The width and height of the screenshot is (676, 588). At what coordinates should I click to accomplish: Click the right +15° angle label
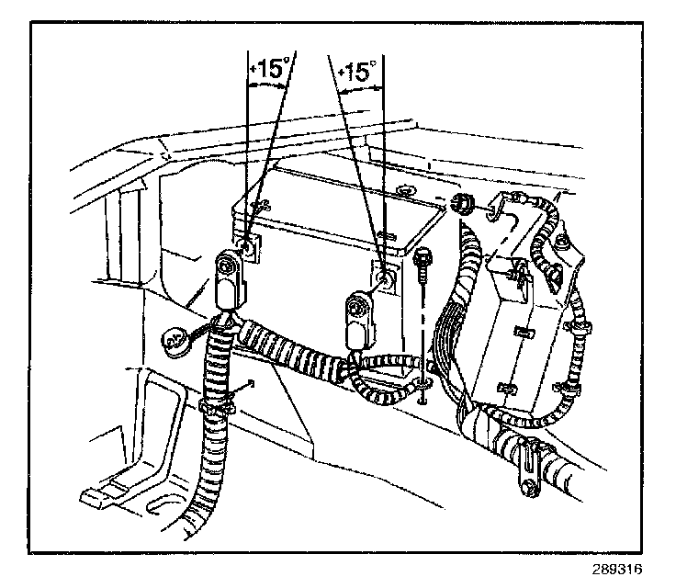358,71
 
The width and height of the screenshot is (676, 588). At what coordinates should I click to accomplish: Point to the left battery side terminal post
249,247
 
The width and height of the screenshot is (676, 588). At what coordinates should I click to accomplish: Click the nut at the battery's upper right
465,203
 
